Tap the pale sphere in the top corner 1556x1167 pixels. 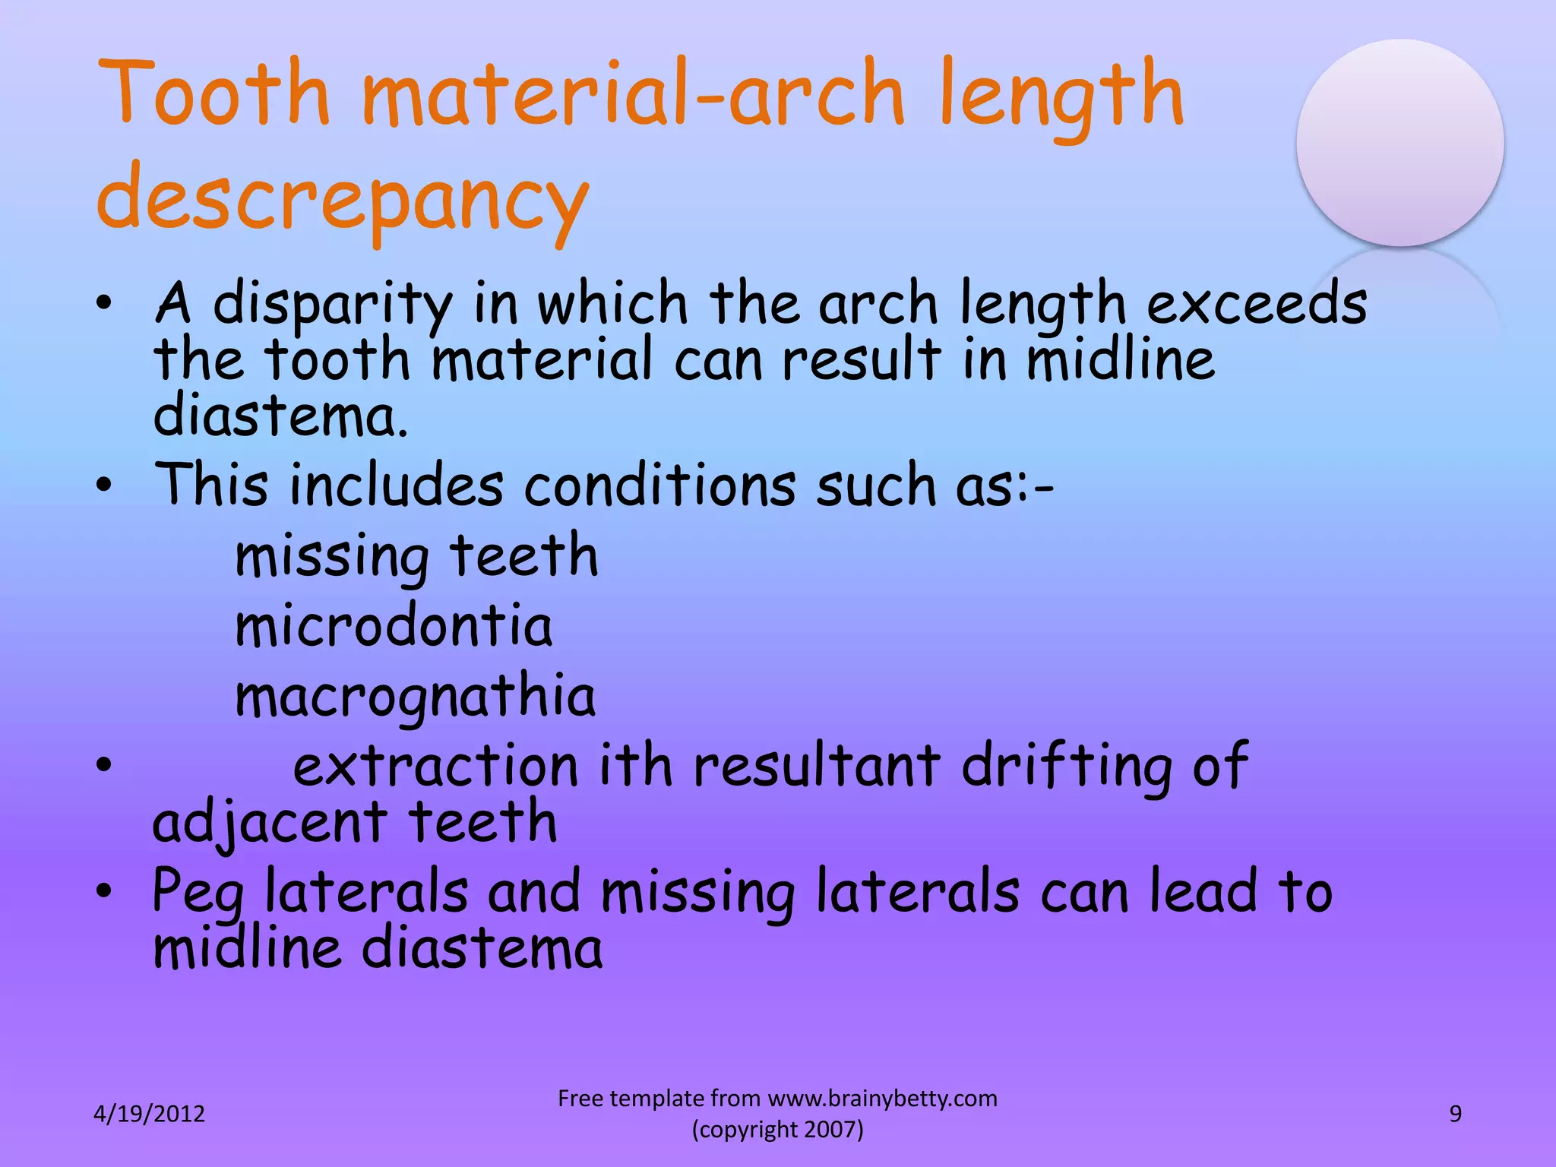pyautogui.click(x=1399, y=143)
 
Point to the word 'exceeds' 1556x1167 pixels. pyautogui.click(x=1257, y=304)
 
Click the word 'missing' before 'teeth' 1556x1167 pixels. pyautogui.click(x=332, y=558)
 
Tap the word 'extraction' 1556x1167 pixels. pyautogui.click(x=436, y=766)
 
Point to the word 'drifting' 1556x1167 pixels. pyautogui.click(x=1067, y=766)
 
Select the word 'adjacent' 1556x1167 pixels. pyautogui.click(x=270, y=824)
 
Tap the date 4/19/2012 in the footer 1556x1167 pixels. pyautogui.click(x=149, y=1114)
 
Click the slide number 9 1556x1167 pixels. pyautogui.click(x=1455, y=1114)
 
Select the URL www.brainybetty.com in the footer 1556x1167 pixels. pyautogui.click(x=882, y=1099)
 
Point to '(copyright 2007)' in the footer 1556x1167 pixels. pyautogui.click(x=777, y=1130)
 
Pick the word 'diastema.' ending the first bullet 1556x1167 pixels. pyautogui.click(x=281, y=418)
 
